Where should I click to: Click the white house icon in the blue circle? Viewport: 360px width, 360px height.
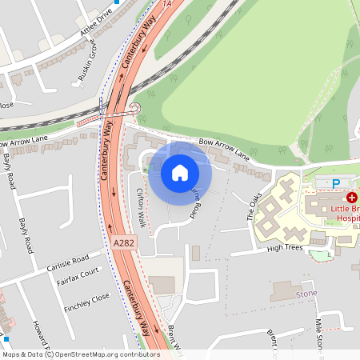tap(180, 172)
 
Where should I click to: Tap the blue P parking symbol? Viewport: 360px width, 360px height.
tap(336, 184)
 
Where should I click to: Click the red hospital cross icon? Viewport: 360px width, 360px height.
tap(350, 196)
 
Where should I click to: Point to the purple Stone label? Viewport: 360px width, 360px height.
tap(306, 294)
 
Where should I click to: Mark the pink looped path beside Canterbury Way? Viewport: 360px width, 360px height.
tap(134, 110)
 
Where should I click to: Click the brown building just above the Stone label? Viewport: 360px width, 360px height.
tap(286, 291)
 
